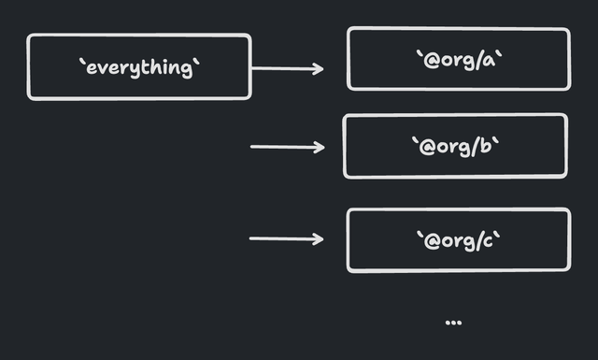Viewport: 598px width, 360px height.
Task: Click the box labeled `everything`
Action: [138, 66]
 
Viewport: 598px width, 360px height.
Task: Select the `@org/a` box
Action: [458, 59]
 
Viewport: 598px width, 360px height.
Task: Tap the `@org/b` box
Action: [455, 146]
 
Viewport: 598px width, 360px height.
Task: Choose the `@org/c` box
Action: [458, 240]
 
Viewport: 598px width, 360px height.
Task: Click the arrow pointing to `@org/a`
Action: [287, 68]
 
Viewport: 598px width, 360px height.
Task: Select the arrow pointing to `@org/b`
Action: [287, 147]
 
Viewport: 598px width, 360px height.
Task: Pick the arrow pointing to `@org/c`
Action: [286, 239]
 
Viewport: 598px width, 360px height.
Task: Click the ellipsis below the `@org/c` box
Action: [453, 323]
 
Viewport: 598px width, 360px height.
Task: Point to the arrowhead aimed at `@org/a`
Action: [320, 68]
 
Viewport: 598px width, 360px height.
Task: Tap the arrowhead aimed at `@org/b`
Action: [320, 147]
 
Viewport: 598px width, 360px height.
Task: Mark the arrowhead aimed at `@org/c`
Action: [320, 239]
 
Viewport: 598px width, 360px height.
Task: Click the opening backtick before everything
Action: [81, 63]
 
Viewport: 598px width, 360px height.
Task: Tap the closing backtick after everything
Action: [196, 63]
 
